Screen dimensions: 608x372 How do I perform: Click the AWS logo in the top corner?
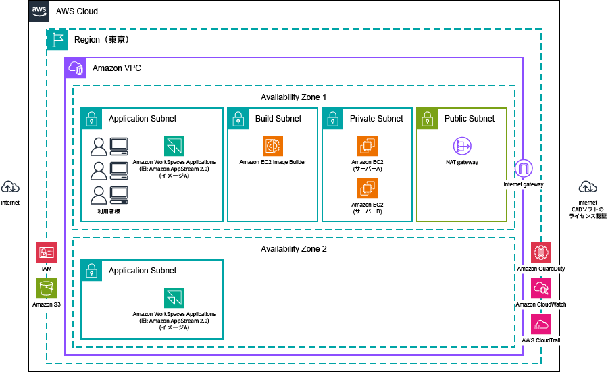[39, 11]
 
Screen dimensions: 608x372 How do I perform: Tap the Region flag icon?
[57, 39]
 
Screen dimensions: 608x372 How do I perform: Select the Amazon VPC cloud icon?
[75, 68]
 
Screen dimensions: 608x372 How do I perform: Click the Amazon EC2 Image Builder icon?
[273, 146]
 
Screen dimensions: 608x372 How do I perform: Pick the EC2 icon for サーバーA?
[368, 146]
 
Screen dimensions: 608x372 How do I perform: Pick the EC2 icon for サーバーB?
[368, 188]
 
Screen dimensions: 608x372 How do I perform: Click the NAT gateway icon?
[462, 146]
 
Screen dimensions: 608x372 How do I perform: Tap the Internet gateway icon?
[524, 169]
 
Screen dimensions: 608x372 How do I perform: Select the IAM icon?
[47, 253]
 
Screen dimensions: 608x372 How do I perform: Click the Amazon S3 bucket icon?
[47, 288]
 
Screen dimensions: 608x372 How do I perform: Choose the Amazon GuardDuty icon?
[541, 253]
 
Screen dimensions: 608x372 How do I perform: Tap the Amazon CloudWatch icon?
[541, 288]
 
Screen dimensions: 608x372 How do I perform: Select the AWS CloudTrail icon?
[541, 324]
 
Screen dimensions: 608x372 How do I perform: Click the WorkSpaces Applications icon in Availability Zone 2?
[174, 298]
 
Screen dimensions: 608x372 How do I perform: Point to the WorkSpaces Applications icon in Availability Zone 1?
[174, 146]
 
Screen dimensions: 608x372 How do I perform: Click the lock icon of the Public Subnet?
[428, 119]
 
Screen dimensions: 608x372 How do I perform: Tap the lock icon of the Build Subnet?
[238, 119]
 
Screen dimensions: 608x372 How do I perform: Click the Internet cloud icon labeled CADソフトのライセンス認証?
[588, 188]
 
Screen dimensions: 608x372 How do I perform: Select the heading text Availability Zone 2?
[294, 248]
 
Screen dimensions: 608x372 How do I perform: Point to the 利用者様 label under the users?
[109, 211]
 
